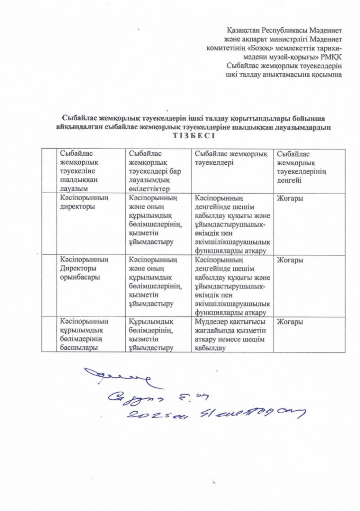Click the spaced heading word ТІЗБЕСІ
[193, 136]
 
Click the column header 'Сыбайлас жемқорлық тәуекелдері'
[231, 158]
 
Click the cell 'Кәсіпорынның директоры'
[82, 203]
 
